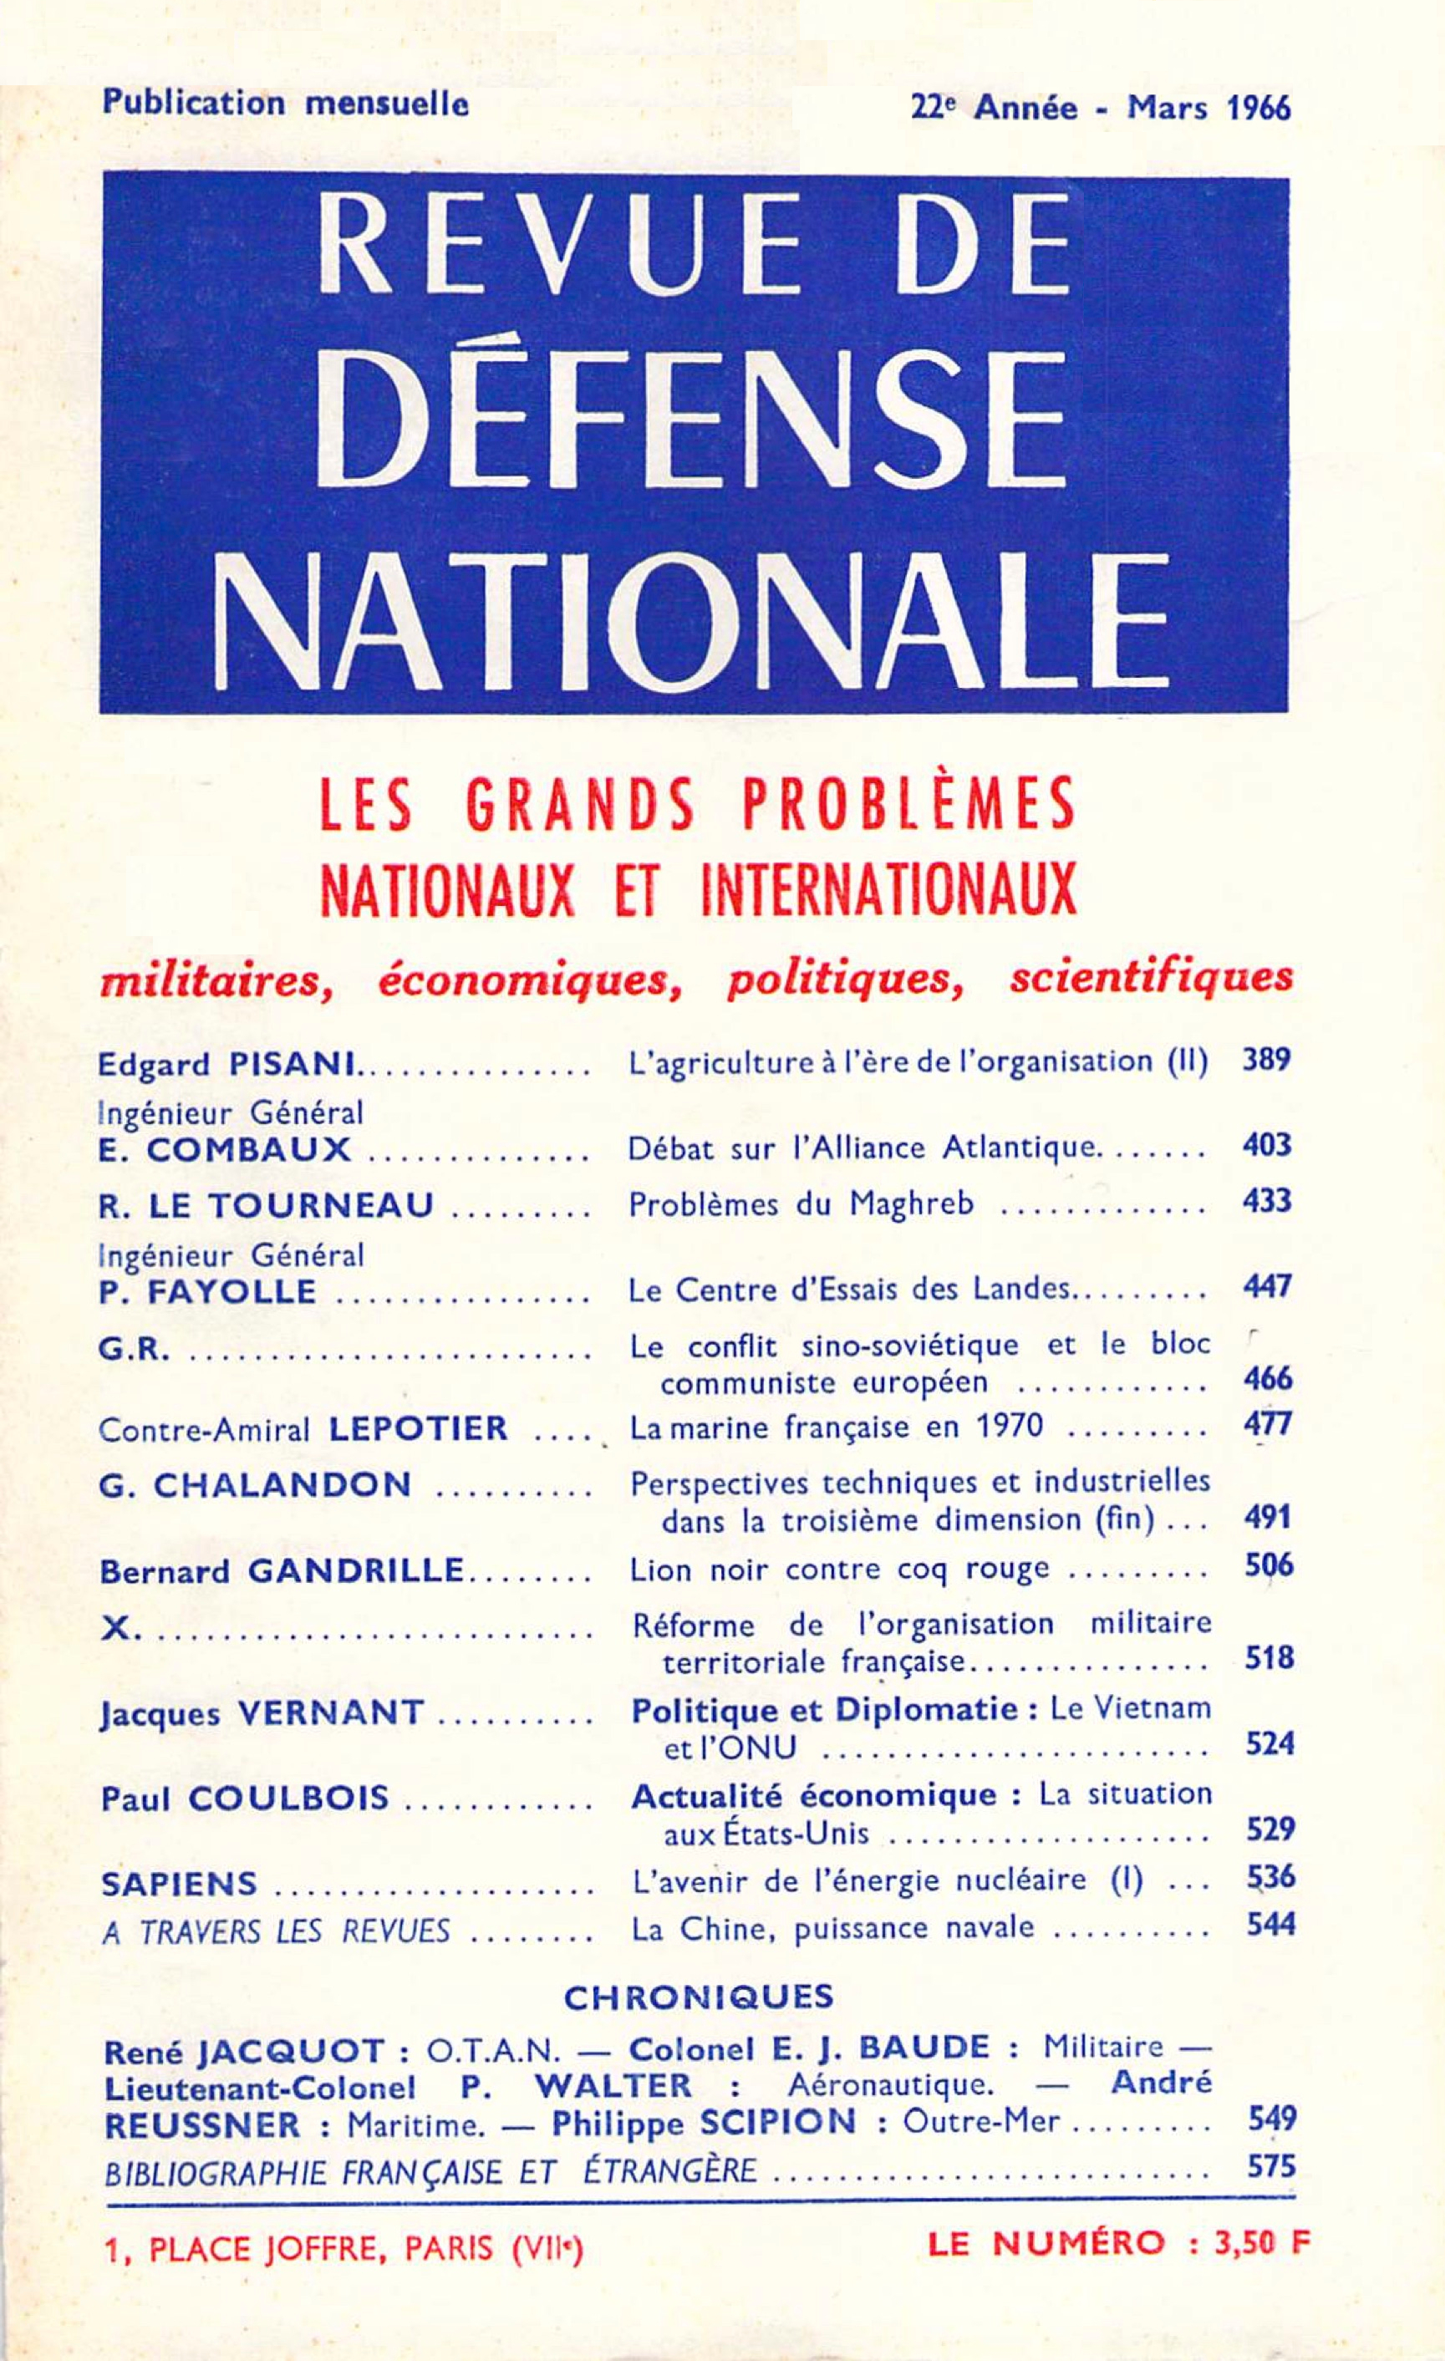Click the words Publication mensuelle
point(285,104)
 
